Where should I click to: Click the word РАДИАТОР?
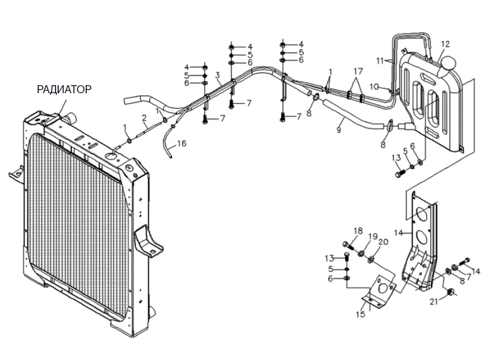click(x=64, y=89)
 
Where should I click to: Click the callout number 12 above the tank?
click(x=445, y=44)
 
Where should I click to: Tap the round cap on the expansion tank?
click(x=447, y=64)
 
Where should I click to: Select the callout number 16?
click(x=182, y=143)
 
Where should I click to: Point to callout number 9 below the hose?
click(x=339, y=130)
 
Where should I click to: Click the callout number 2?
click(x=144, y=118)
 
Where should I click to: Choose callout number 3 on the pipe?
click(x=218, y=75)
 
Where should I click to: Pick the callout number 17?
click(x=358, y=71)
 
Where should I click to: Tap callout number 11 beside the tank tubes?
click(x=380, y=60)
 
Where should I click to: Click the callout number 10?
click(x=374, y=87)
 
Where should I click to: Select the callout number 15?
click(x=360, y=314)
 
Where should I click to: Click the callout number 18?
click(x=358, y=231)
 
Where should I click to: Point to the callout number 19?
click(x=373, y=237)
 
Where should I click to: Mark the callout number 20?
click(x=383, y=241)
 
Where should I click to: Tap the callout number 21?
click(x=434, y=301)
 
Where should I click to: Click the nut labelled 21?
click(x=450, y=292)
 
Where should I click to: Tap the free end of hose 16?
click(x=171, y=157)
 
